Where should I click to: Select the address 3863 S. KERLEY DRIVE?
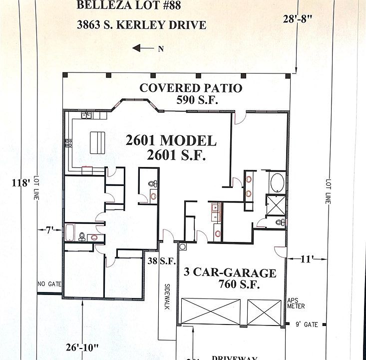coord(141,25)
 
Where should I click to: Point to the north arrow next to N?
coord(144,48)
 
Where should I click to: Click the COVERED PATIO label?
coord(191,88)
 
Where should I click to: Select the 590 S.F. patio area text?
coord(198,100)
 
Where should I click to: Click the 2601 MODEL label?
coord(171,140)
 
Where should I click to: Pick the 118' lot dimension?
coord(21,183)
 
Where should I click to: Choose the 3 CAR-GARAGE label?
coord(230,273)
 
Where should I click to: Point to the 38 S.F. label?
coord(159,260)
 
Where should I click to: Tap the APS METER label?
coord(296,303)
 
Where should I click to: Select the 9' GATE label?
coord(307,324)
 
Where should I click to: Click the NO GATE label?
coord(49,284)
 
